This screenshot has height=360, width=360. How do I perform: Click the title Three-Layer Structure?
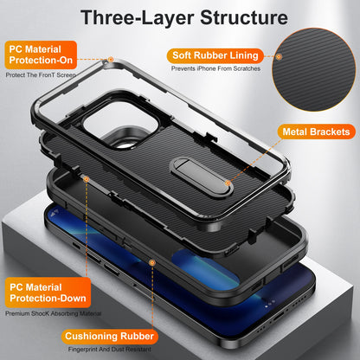pos(179,16)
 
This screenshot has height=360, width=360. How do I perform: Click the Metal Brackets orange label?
pos(315,132)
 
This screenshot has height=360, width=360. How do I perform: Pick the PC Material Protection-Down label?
pos(42,292)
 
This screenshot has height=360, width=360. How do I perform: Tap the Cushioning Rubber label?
pos(108,336)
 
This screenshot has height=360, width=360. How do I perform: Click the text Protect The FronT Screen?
pos(41,75)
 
